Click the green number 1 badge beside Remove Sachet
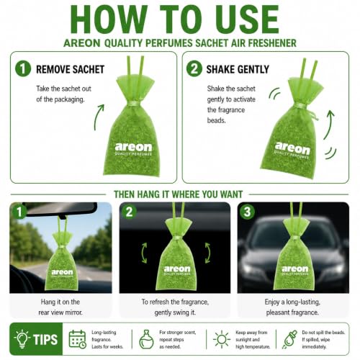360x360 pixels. click(x=23, y=68)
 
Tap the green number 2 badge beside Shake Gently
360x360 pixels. click(x=194, y=68)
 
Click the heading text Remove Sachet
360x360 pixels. click(x=70, y=69)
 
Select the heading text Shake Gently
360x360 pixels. click(x=238, y=69)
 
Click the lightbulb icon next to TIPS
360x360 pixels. click(x=22, y=339)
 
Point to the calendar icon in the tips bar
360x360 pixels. click(x=77, y=339)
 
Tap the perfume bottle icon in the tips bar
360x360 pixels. click(x=146, y=339)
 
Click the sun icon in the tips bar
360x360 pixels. click(x=222, y=339)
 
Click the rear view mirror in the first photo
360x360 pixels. click(x=61, y=208)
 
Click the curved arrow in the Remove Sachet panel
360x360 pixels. click(x=98, y=117)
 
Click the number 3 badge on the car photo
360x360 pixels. click(x=247, y=212)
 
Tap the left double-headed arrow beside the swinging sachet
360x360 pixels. click(x=144, y=253)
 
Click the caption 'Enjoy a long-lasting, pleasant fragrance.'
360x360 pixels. click(x=292, y=307)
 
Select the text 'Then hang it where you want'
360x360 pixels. click(x=179, y=194)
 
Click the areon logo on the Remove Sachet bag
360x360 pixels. click(x=133, y=149)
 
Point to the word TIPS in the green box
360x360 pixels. click(x=45, y=339)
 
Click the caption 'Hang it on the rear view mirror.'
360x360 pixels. click(x=60, y=307)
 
